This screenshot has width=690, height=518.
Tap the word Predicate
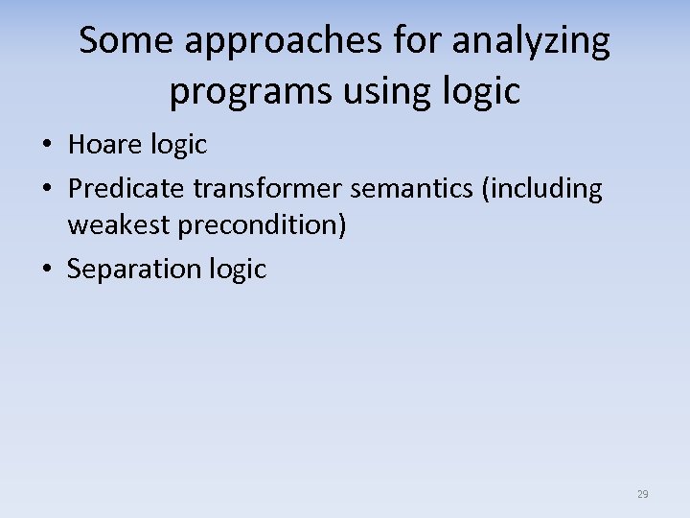[126, 189]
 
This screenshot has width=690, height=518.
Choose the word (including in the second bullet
[542, 189]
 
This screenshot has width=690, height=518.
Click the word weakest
[118, 225]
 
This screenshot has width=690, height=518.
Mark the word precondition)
[262, 225]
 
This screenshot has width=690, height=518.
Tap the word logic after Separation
[237, 270]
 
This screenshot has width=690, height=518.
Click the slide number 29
[642, 494]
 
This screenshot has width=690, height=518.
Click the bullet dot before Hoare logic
[46, 146]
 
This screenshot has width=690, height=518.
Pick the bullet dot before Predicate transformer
[46, 190]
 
